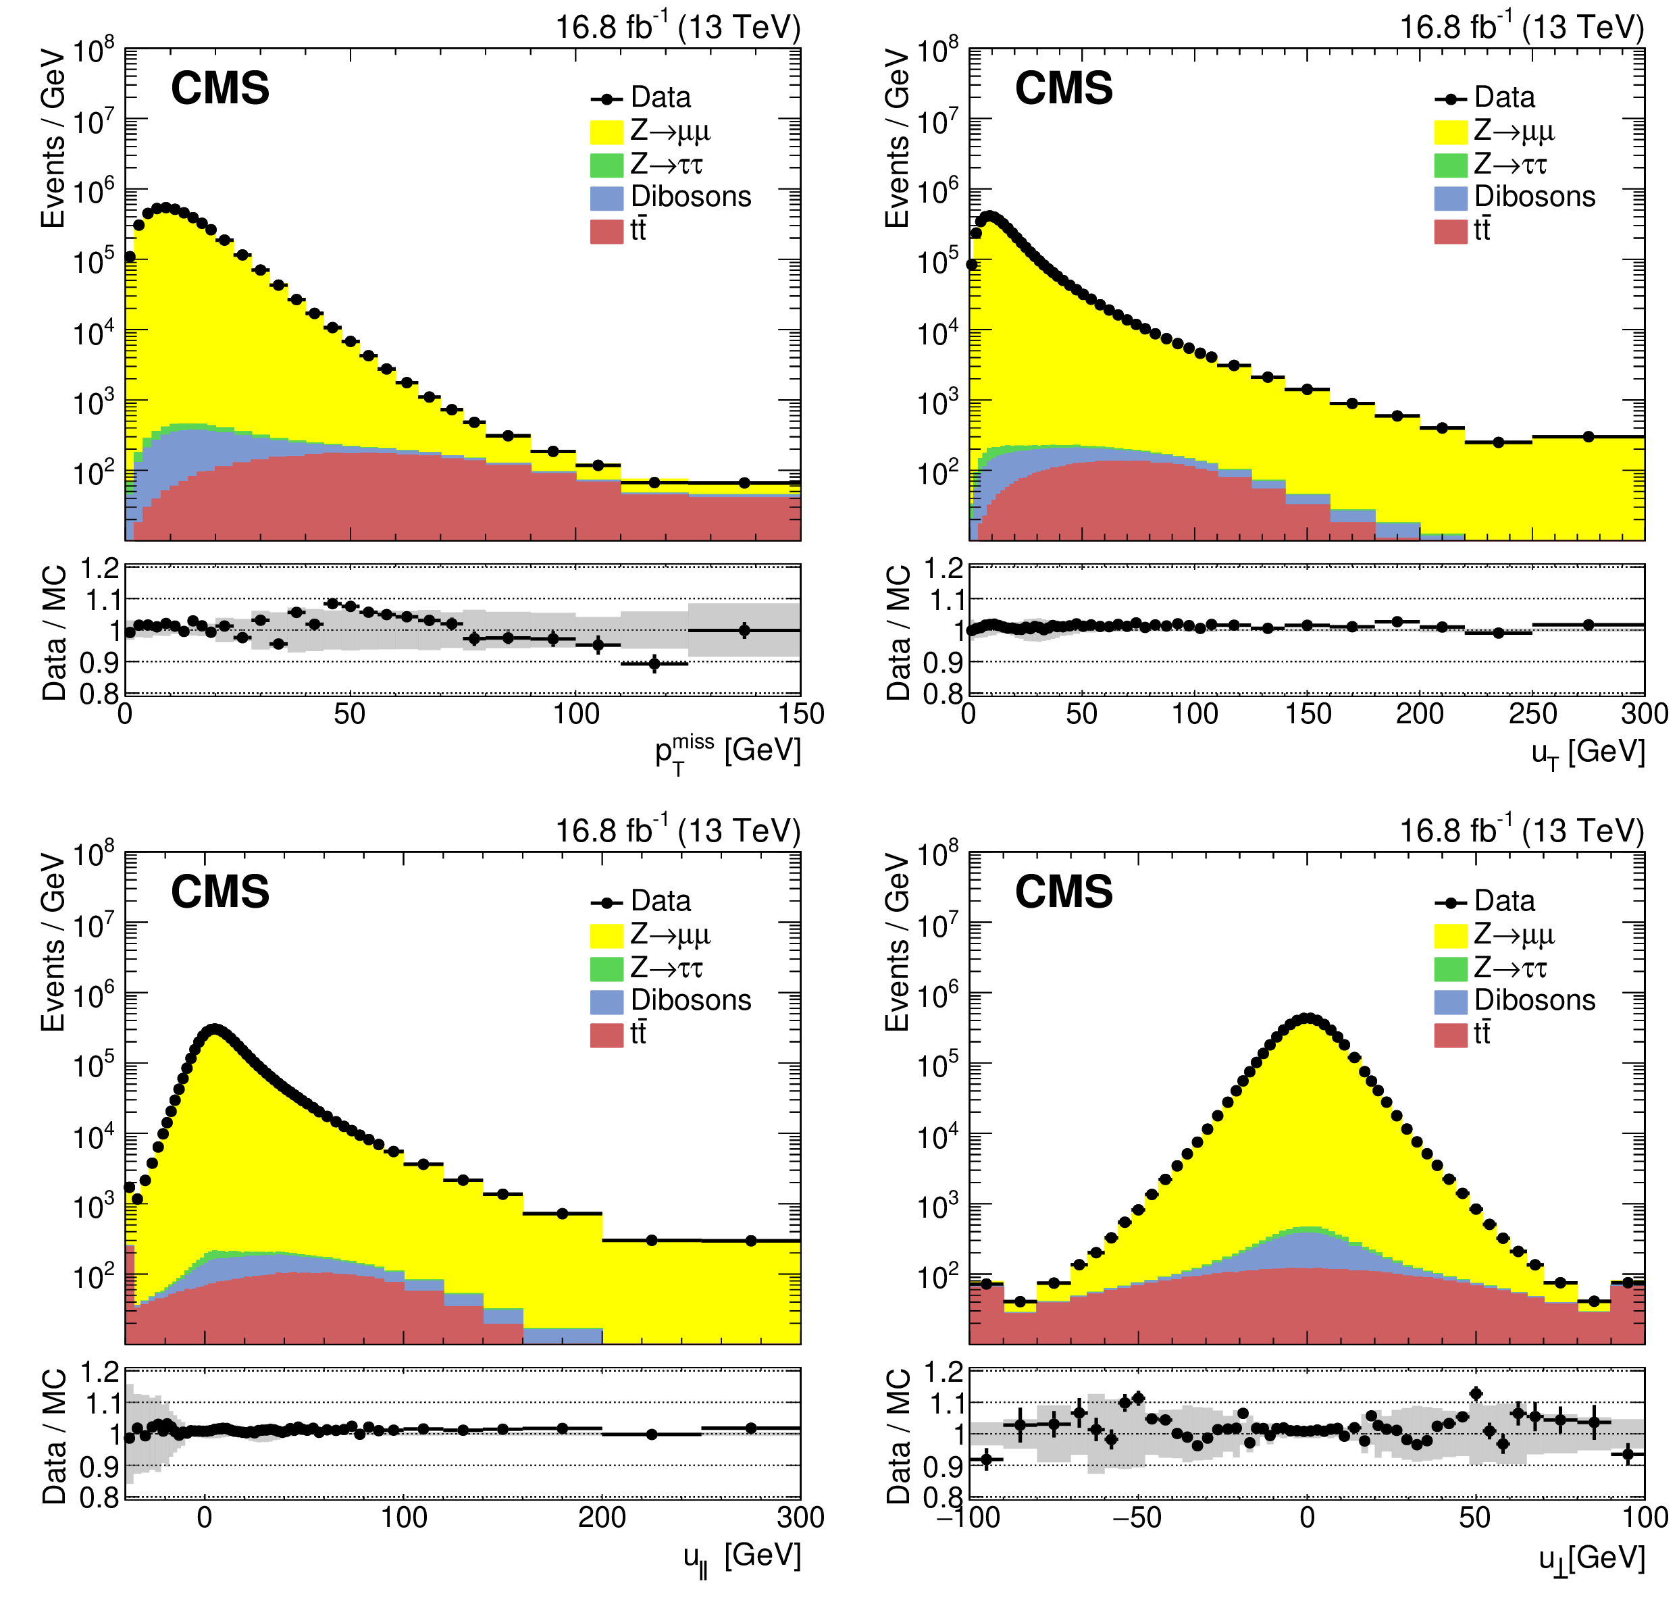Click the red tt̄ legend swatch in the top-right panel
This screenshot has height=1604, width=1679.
[x=1450, y=231]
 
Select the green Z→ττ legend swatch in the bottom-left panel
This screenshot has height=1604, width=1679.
[x=606, y=968]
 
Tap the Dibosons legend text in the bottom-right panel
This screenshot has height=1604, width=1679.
[x=1534, y=1000]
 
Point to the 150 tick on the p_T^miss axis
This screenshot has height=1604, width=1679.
[x=801, y=713]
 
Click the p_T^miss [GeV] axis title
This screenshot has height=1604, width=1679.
[x=727, y=752]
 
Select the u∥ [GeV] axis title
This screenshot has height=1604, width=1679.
[x=741, y=1556]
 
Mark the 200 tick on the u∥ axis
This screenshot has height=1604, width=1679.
[x=602, y=1517]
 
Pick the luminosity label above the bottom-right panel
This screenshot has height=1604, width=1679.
[x=1521, y=830]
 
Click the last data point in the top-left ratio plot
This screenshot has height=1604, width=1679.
[x=744, y=630]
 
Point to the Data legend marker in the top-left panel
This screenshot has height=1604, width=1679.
[x=606, y=99]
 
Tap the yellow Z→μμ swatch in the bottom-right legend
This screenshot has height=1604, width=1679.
[x=1450, y=935]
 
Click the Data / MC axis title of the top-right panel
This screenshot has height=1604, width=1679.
[x=898, y=633]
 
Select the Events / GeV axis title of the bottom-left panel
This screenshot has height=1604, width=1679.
[x=53, y=941]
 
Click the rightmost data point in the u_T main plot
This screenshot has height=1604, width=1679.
[x=1588, y=437]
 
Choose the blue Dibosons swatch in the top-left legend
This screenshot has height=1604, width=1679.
[x=606, y=197]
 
